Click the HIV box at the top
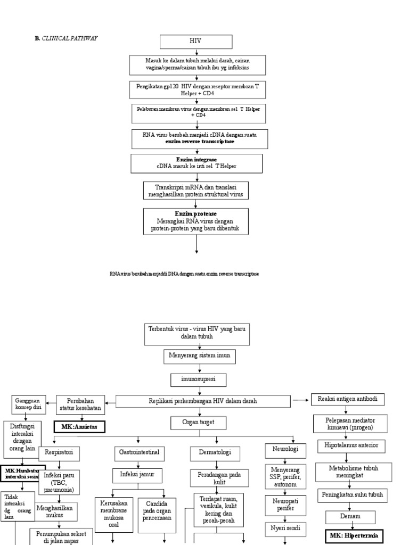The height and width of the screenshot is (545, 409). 197,42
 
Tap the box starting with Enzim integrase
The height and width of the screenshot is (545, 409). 197,163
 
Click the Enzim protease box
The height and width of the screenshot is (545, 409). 197,221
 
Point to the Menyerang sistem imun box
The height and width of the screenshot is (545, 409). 199,356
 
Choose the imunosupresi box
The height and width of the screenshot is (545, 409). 199,379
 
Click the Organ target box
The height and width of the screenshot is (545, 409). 199,423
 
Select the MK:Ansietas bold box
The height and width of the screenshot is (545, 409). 79,426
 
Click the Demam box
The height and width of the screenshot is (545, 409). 350,516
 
